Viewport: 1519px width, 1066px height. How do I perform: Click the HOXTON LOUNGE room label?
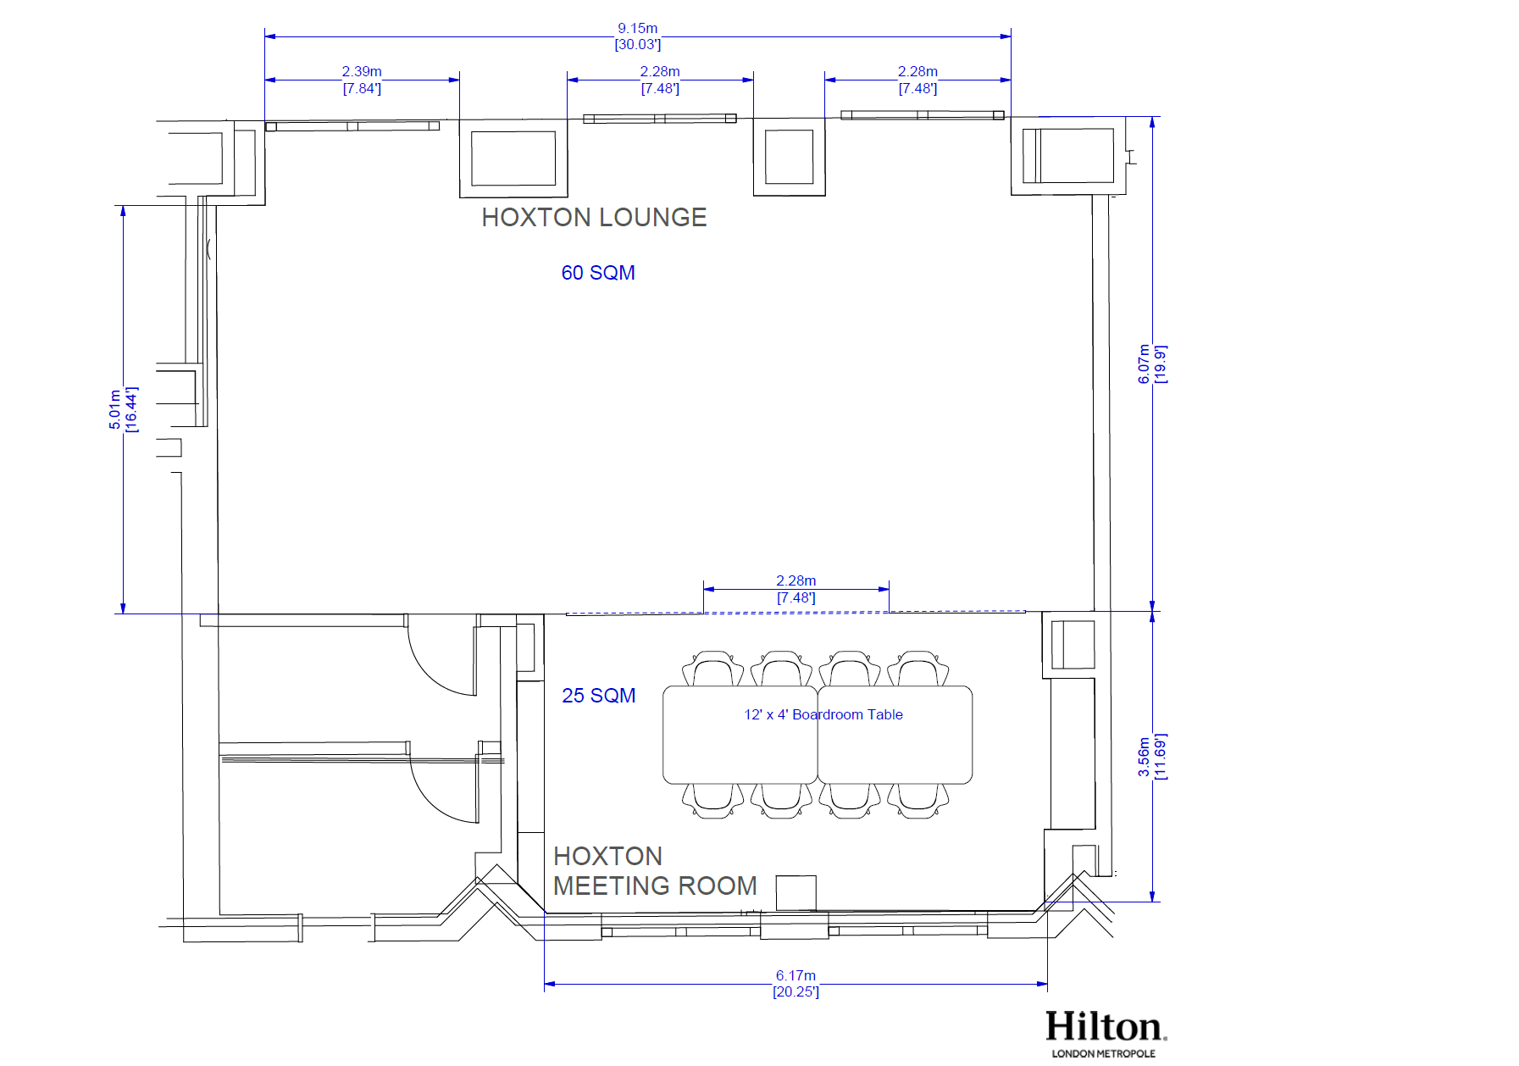(x=594, y=218)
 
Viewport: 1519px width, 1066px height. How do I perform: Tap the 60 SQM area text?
(x=598, y=273)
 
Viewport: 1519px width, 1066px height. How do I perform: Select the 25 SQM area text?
(x=598, y=696)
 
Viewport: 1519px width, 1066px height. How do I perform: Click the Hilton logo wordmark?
(x=1106, y=1026)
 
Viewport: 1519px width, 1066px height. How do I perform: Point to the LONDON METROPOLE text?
(x=1103, y=1053)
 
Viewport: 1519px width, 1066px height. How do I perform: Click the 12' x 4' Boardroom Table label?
(x=823, y=714)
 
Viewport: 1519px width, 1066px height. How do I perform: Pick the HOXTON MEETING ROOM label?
(x=655, y=871)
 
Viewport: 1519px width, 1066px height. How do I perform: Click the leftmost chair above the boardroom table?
(x=713, y=669)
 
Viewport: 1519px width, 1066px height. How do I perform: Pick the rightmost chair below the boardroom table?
(x=918, y=801)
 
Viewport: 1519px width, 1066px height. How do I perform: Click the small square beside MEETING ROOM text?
(x=796, y=893)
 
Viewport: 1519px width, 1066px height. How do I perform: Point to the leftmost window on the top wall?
(x=352, y=126)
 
